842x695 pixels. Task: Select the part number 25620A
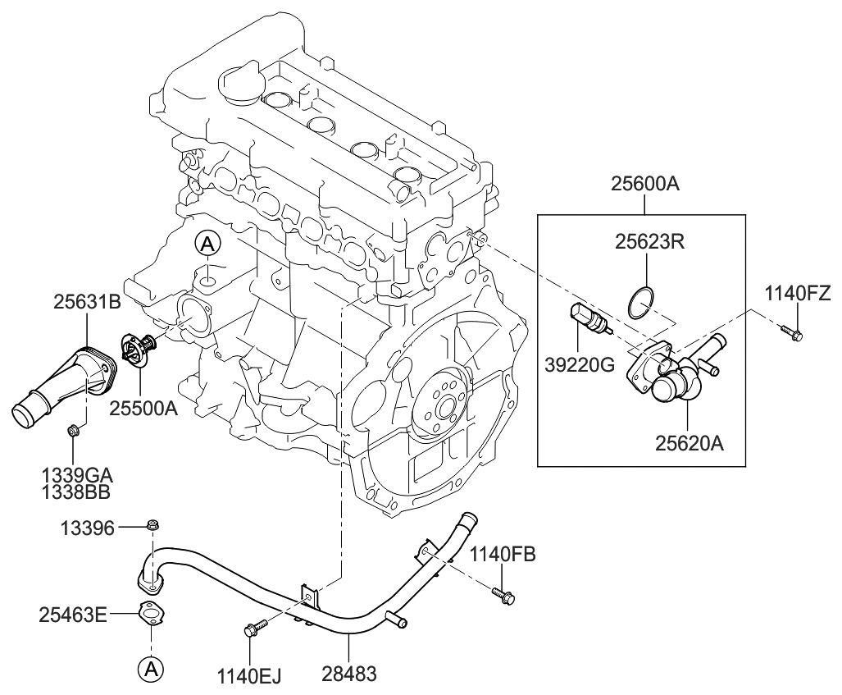click(x=690, y=443)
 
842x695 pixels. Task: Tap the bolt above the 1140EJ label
click(x=253, y=631)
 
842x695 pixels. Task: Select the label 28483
click(x=350, y=674)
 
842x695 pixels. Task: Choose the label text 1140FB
click(x=503, y=556)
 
